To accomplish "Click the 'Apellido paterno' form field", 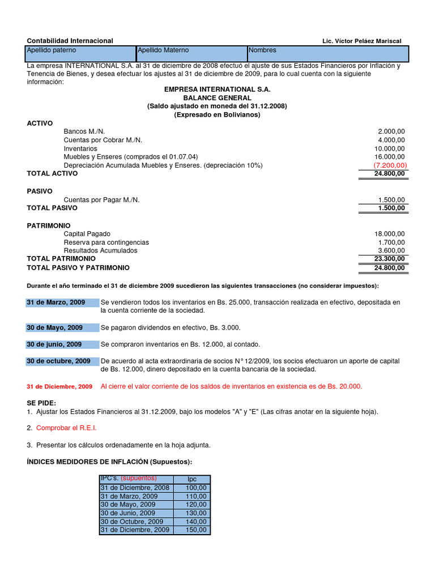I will pos(81,54).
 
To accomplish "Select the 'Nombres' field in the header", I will pos(327,54).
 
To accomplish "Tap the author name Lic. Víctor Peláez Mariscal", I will pos(361,41).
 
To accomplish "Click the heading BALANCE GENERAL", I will pos(217,98).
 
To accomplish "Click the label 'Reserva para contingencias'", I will pos(106,242).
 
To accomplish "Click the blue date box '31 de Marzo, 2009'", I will pos(62,302).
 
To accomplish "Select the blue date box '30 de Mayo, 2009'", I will pos(62,328).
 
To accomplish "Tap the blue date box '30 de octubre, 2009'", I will pos(62,361).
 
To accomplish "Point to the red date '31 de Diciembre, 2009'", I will pos(59,387).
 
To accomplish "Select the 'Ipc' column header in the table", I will pos(192,479).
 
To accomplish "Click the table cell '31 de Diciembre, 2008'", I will pos(135,488).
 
